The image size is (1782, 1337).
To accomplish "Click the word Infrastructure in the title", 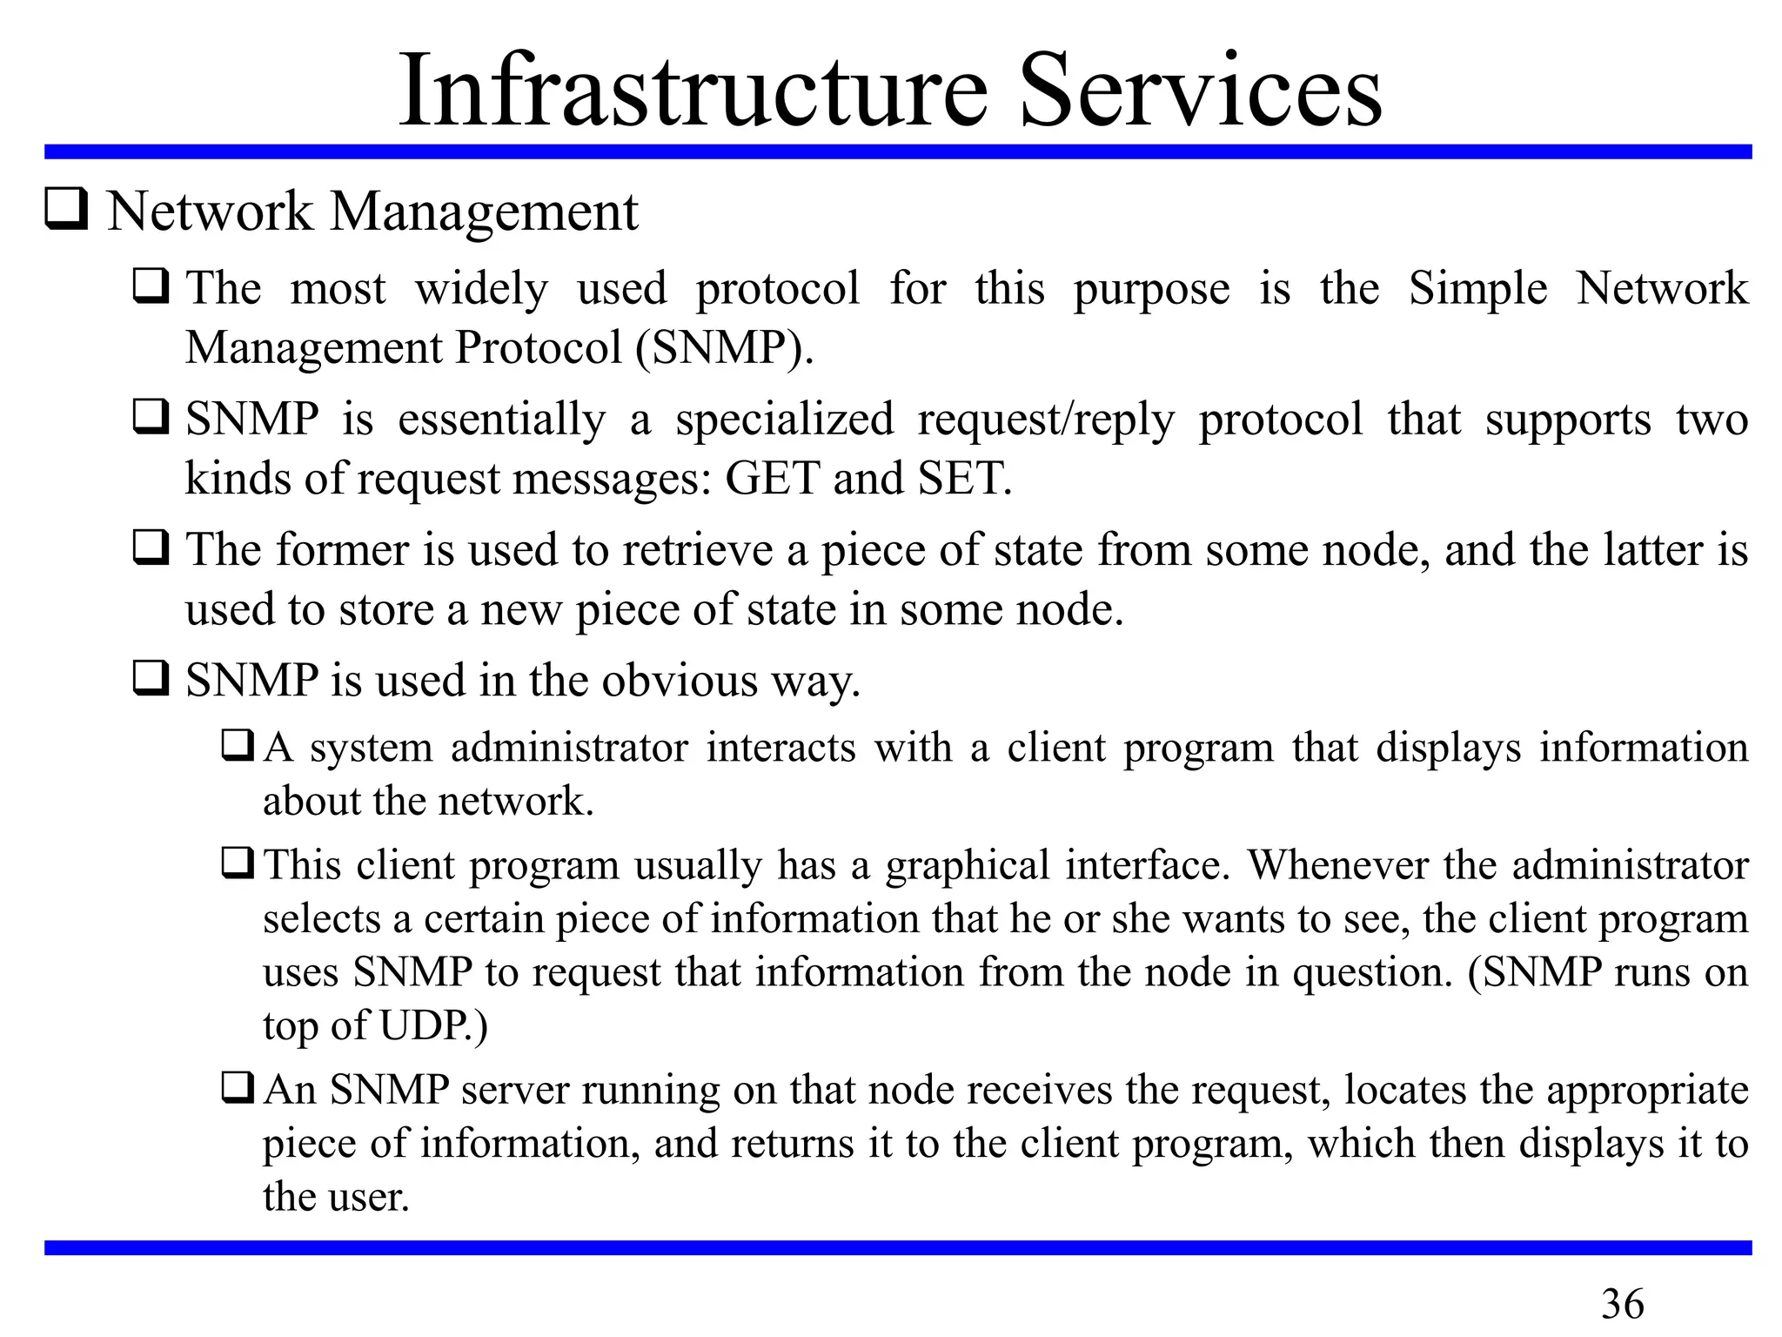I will tap(693, 91).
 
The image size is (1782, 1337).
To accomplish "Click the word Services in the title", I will tap(1200, 91).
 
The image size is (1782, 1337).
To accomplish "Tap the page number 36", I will tap(1622, 1304).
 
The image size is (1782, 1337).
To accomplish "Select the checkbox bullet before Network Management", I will tap(66, 210).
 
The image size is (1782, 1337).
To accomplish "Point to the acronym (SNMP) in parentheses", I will tap(724, 347).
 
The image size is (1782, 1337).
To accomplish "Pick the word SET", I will tap(964, 478).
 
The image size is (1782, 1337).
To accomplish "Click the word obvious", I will tap(680, 680).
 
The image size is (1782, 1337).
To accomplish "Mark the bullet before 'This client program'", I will tap(238, 863).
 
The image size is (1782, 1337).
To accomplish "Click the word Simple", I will tap(1477, 289).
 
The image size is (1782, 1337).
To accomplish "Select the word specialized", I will tap(784, 420).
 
